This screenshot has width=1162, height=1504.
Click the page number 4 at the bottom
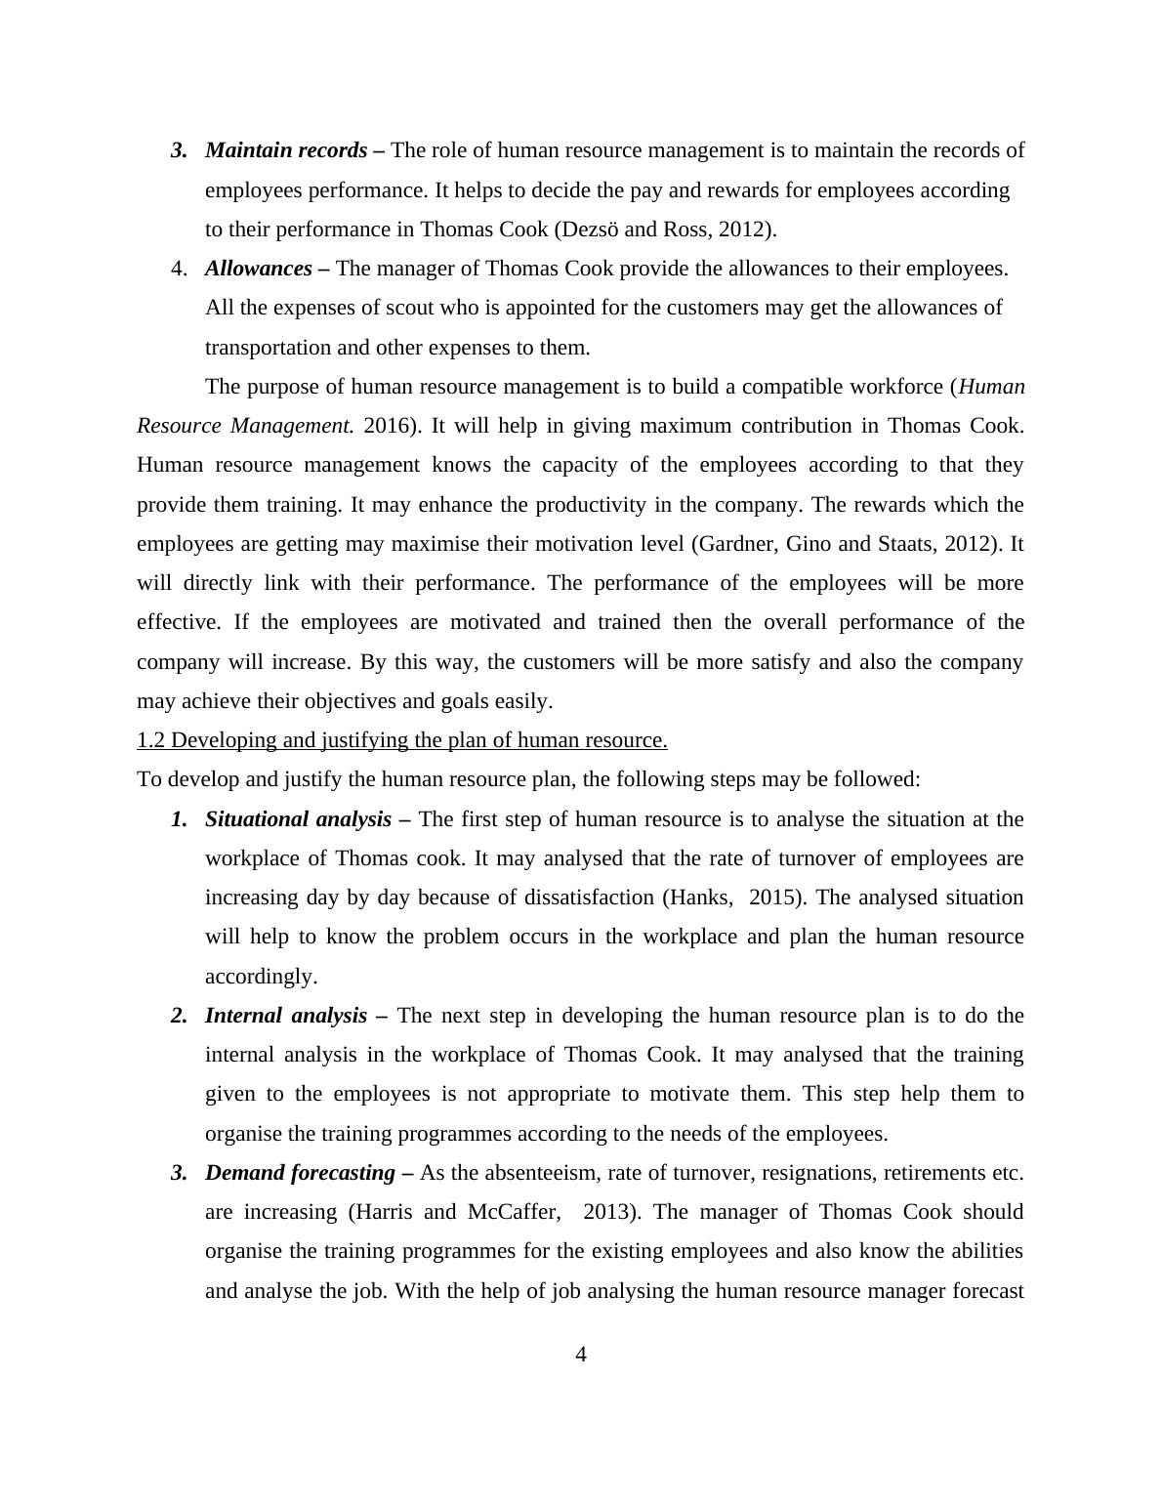pos(581,1355)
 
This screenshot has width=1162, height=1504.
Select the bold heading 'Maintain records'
pos(286,150)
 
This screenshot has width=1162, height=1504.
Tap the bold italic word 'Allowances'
pos(259,269)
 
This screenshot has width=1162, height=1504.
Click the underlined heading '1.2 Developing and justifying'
pos(402,740)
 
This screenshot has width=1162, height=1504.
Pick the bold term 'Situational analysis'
pos(298,819)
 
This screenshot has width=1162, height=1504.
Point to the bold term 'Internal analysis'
pos(286,1016)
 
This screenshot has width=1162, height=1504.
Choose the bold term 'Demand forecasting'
pos(300,1173)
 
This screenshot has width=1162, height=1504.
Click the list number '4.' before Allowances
pos(180,269)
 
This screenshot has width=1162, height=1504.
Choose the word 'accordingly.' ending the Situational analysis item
pos(261,977)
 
